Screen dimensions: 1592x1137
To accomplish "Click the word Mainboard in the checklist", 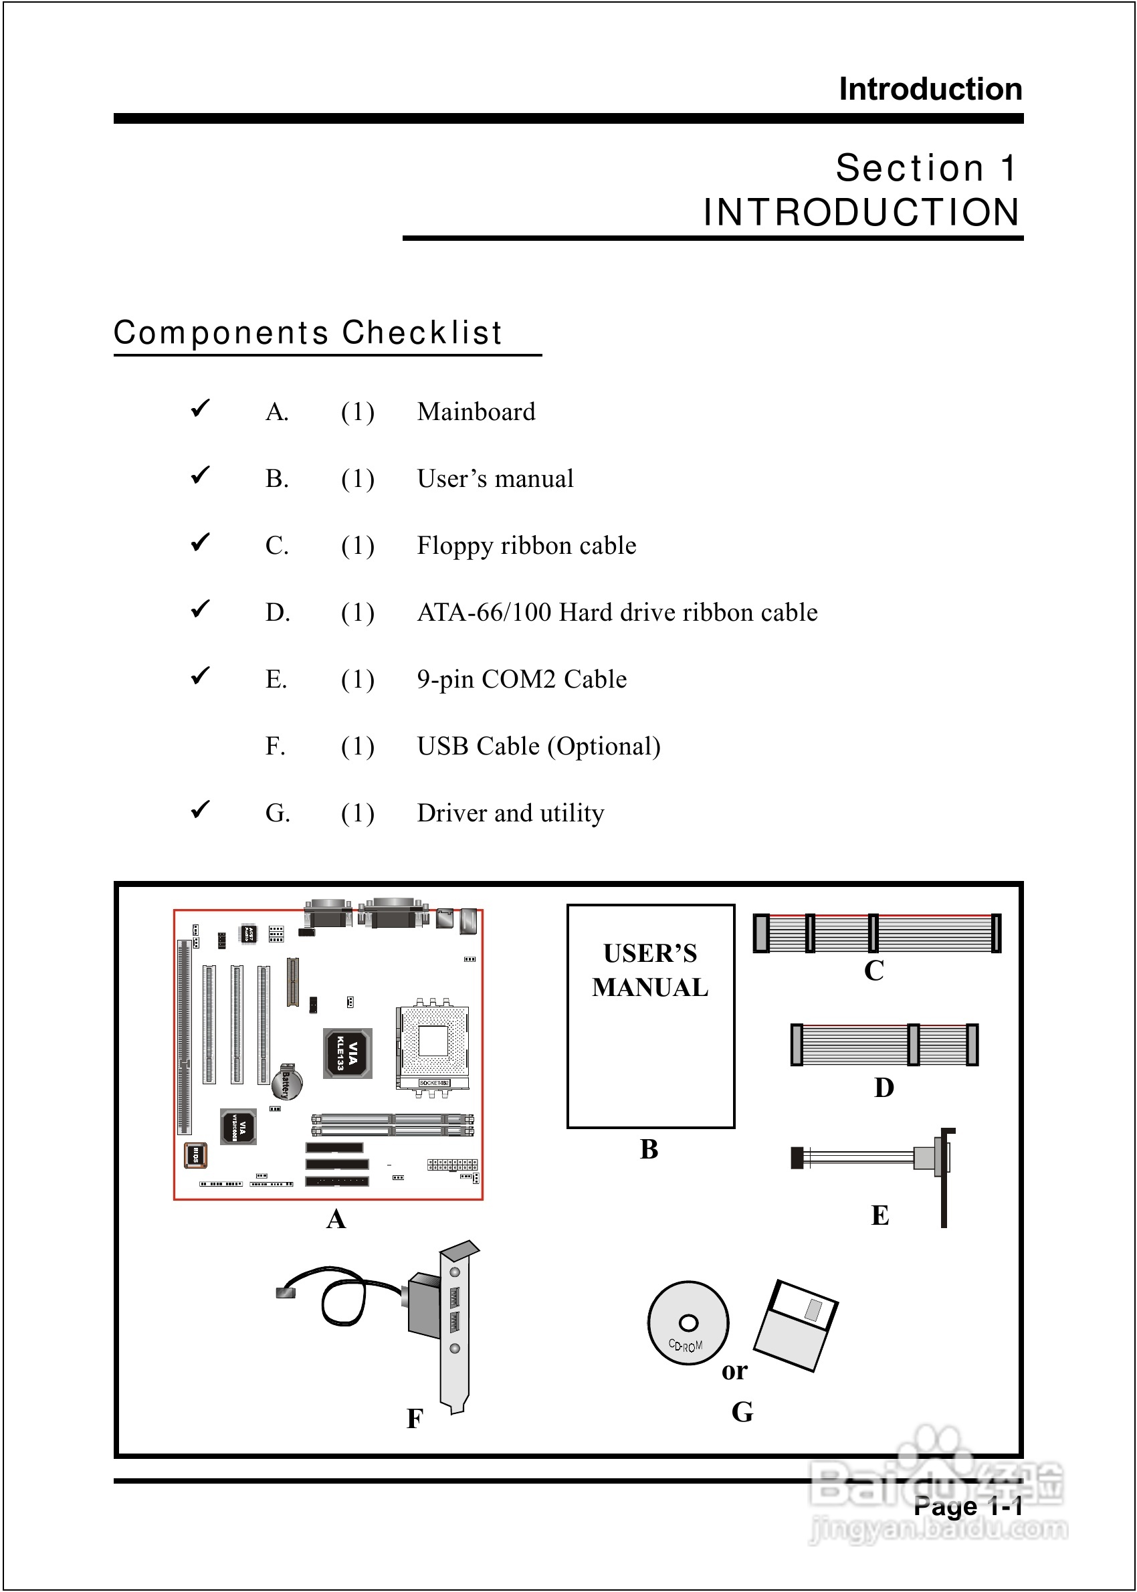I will pyautogui.click(x=476, y=411).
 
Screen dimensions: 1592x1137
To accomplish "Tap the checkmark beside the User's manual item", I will pyautogui.click(x=200, y=476).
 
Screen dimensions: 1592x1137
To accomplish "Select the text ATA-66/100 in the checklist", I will pyautogui.click(x=484, y=613).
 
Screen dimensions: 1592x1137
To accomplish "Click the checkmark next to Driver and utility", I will pyautogui.click(x=200, y=809).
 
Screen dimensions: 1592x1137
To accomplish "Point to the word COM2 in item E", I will pyautogui.click(x=518, y=679).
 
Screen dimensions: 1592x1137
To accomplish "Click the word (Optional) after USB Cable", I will pyautogui.click(x=604, y=747).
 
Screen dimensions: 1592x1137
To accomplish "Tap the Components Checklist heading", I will pyautogui.click(x=308, y=332).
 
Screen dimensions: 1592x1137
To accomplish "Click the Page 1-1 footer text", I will pyautogui.click(x=968, y=1505).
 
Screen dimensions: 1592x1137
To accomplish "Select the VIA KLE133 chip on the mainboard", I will pyautogui.click(x=347, y=1053).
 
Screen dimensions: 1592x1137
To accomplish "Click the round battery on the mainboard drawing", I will pyautogui.click(x=287, y=1082).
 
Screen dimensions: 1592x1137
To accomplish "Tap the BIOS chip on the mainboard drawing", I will pyautogui.click(x=195, y=1155).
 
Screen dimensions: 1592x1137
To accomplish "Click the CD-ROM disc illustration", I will pyautogui.click(x=688, y=1323).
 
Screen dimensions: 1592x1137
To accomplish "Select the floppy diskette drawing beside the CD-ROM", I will pyautogui.click(x=796, y=1325).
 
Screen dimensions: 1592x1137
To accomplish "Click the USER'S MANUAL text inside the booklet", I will pyautogui.click(x=650, y=971).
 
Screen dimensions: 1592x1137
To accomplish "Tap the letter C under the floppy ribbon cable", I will pyautogui.click(x=873, y=971).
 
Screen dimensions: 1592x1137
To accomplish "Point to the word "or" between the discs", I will pyautogui.click(x=734, y=1370).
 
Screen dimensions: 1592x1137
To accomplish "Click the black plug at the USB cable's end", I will pyautogui.click(x=286, y=1292).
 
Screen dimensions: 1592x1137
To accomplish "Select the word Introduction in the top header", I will pyautogui.click(x=930, y=89).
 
